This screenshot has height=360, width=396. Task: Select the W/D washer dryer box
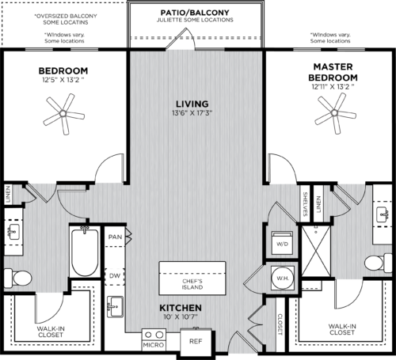(x=282, y=244)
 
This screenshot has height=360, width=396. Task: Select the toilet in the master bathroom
(x=377, y=263)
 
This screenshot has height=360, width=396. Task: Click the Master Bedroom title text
(x=333, y=73)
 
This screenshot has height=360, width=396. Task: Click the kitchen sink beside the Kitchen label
(x=116, y=305)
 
